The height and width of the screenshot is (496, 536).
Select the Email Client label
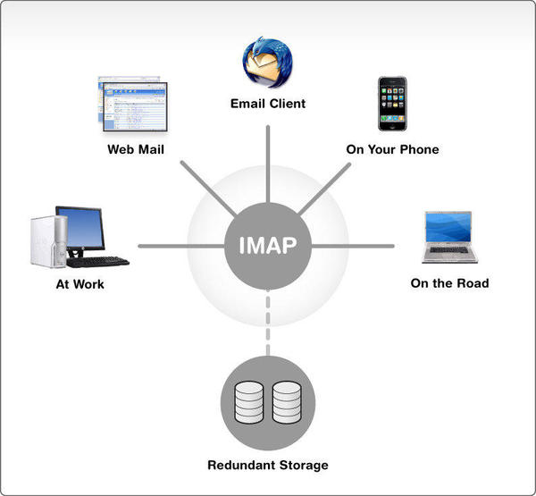point(268,104)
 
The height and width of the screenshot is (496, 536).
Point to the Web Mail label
point(134,149)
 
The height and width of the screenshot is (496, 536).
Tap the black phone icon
point(392,105)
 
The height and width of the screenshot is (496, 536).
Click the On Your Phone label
point(392,149)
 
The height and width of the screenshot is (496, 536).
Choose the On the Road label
point(449,283)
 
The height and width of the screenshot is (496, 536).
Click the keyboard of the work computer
point(98,262)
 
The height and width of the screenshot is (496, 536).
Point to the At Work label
point(80,284)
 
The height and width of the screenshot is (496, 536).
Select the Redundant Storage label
point(268,465)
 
